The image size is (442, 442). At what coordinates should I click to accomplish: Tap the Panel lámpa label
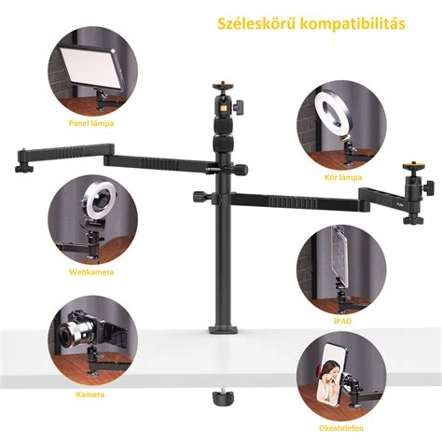[91, 123]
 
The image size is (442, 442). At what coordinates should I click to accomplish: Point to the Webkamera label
[91, 272]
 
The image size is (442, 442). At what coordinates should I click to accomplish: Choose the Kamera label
[90, 394]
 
